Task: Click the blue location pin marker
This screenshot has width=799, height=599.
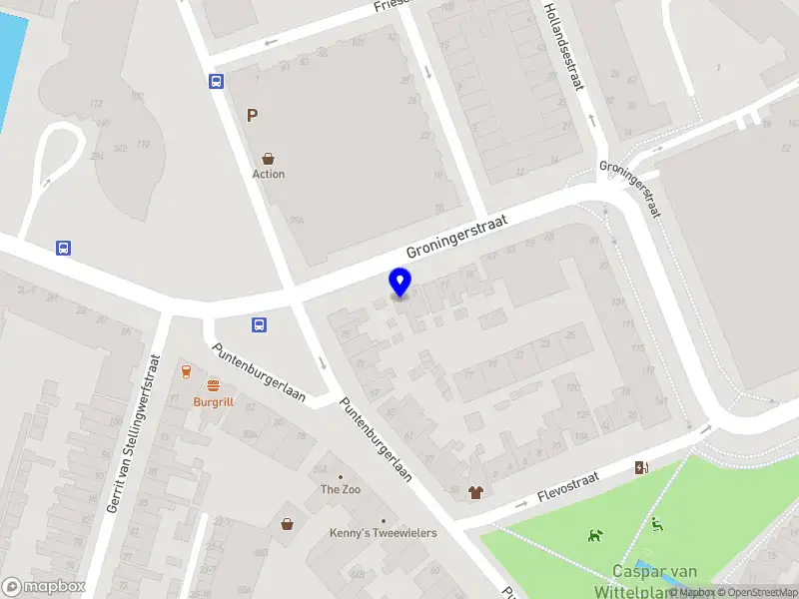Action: [x=399, y=283]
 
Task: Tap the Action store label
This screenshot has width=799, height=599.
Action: [x=268, y=174]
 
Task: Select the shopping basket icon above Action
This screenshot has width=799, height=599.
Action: [x=268, y=158]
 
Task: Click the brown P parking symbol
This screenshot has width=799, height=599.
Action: [x=253, y=116]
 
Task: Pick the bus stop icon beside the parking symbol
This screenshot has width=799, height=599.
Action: [x=216, y=82]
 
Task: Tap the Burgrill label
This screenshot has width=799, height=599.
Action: [x=213, y=402]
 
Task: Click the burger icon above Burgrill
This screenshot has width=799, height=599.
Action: [x=213, y=385]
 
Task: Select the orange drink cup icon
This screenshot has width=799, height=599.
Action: [x=186, y=371]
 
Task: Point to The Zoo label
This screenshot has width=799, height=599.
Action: [x=340, y=489]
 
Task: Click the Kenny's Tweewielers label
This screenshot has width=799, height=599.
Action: [x=384, y=533]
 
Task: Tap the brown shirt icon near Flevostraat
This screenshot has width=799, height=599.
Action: [x=474, y=491]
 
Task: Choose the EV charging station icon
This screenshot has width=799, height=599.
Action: [x=641, y=467]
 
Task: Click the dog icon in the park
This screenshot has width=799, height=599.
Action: [x=595, y=535]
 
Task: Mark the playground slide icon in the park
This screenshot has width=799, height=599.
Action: [x=656, y=525]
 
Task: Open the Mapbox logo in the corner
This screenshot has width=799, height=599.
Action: [x=43, y=587]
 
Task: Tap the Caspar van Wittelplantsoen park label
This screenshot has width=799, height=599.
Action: [x=654, y=579]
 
